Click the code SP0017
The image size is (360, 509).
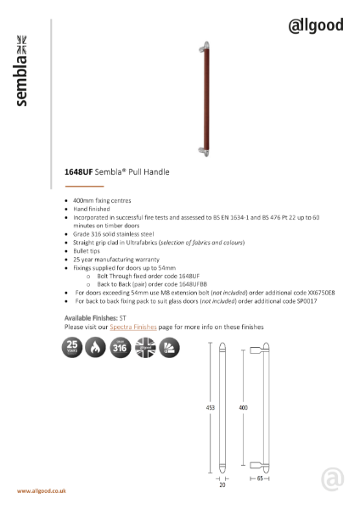(303, 300)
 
